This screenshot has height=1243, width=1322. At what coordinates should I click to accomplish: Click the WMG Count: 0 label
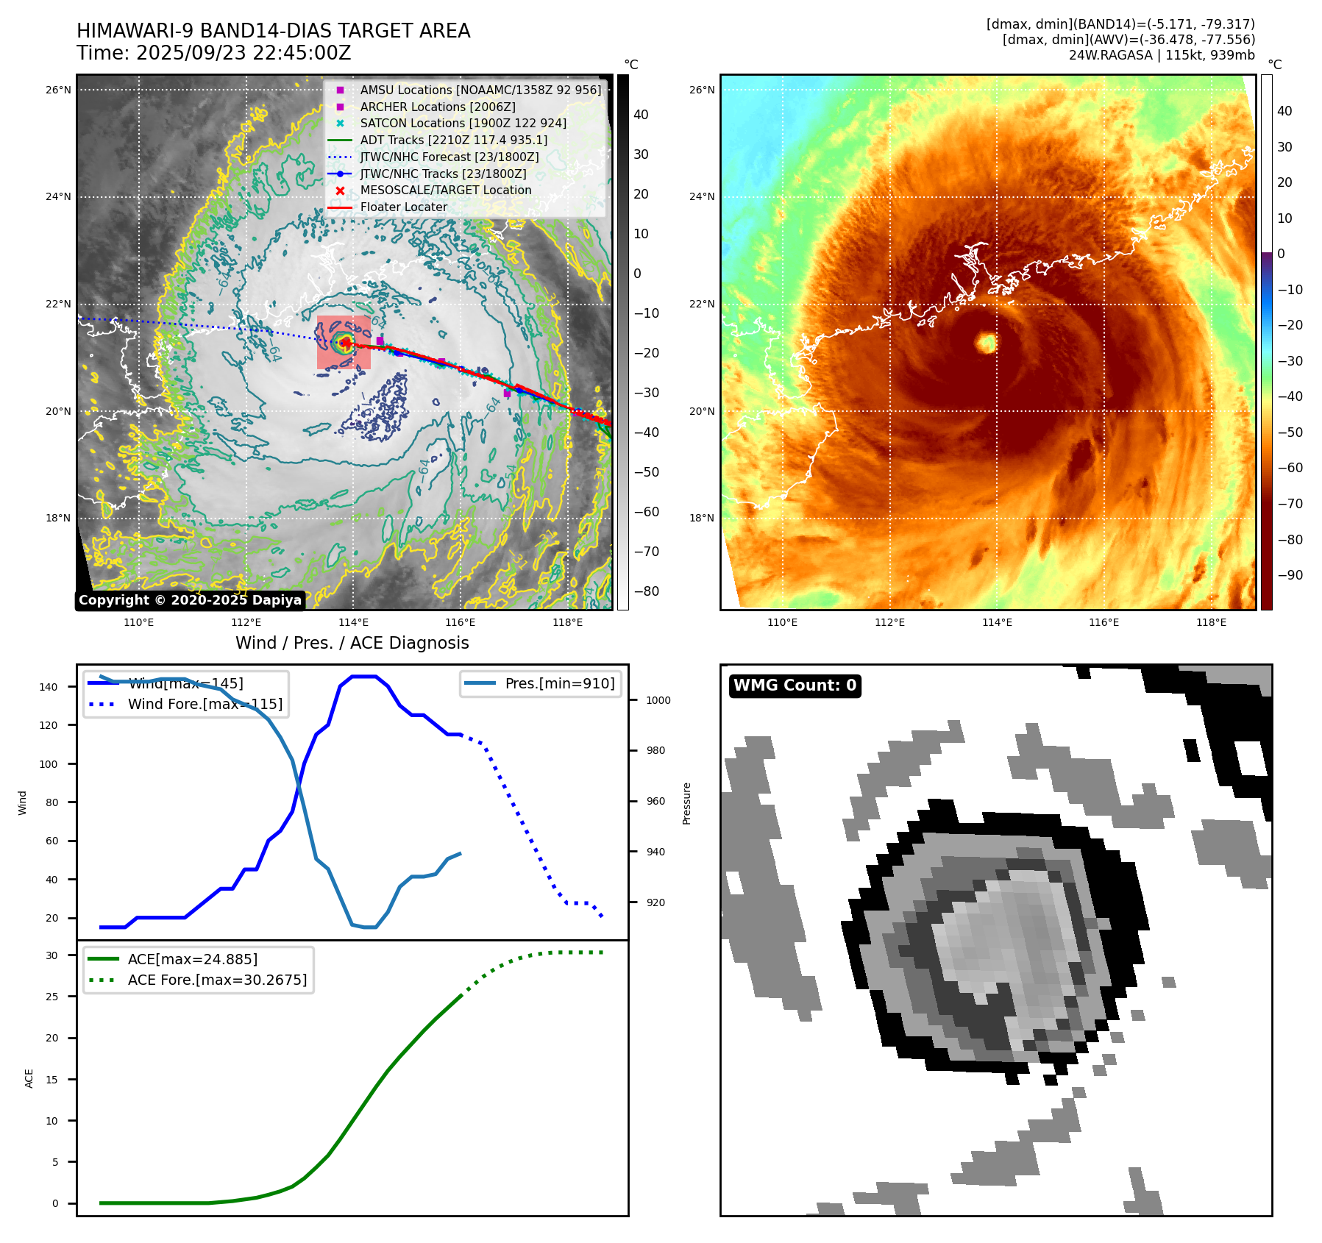[x=795, y=685]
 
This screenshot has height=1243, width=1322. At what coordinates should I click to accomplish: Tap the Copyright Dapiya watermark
[x=190, y=600]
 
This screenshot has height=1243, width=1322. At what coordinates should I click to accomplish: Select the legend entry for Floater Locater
[x=403, y=207]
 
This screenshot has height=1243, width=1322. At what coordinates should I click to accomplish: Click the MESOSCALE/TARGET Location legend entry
[x=445, y=190]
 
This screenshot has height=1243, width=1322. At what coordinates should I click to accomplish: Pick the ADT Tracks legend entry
[x=453, y=140]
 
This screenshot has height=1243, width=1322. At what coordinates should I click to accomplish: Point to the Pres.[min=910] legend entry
[x=559, y=683]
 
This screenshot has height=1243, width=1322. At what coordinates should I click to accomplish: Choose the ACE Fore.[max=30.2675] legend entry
[x=217, y=980]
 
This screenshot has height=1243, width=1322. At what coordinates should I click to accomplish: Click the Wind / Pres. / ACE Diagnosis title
[x=352, y=643]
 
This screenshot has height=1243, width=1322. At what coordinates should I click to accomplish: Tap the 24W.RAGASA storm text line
[x=1162, y=55]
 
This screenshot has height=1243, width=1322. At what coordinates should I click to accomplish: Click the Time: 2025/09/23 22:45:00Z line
[x=213, y=54]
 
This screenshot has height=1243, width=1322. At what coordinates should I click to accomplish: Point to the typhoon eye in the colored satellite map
[x=986, y=342]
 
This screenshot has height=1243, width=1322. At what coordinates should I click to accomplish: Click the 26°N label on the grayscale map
[x=58, y=90]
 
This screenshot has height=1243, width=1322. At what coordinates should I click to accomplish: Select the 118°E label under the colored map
[x=1211, y=622]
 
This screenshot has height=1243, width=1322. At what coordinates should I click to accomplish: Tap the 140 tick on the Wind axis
[x=49, y=687]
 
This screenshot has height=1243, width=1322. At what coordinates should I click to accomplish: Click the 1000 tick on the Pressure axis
[x=658, y=700]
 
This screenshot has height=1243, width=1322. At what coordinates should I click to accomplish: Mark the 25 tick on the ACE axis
[x=51, y=997]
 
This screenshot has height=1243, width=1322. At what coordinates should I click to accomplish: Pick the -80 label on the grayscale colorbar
[x=646, y=591]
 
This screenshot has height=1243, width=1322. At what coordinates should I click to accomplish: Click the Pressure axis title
[x=686, y=803]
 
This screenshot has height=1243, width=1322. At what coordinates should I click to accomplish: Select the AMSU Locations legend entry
[x=480, y=90]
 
